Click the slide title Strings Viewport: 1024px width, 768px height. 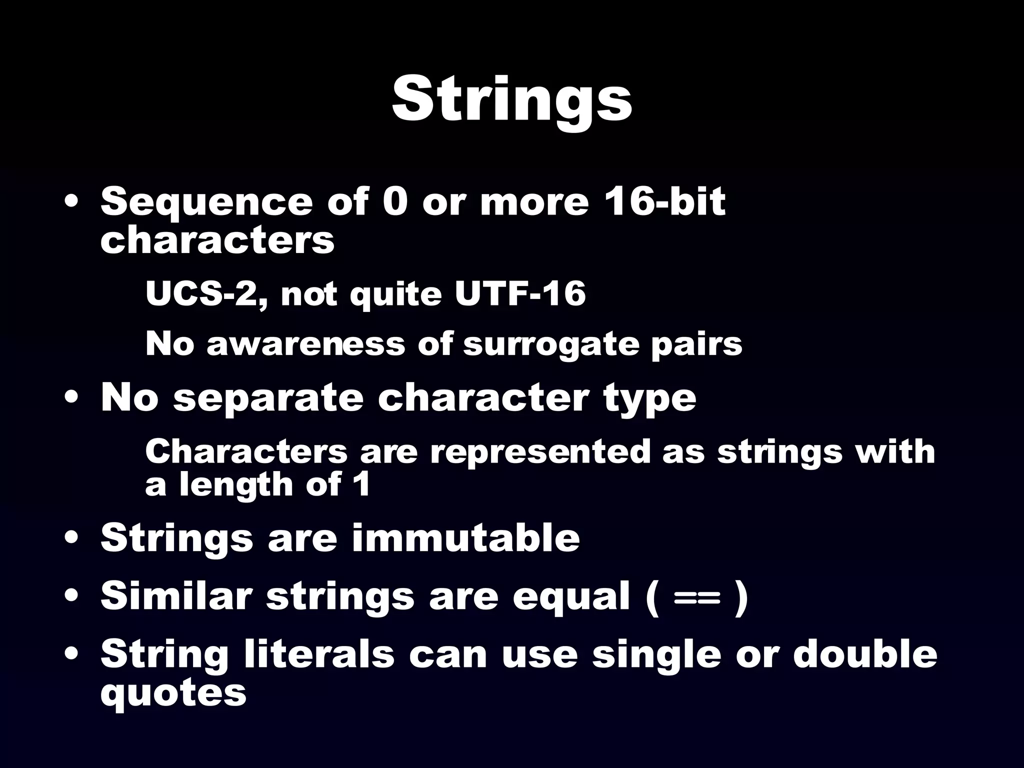click(x=511, y=100)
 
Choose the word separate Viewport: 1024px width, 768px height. click(x=267, y=399)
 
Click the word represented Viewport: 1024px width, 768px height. click(x=540, y=451)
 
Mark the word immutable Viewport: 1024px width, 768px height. click(x=465, y=538)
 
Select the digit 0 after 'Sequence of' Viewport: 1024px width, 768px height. click(x=394, y=202)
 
